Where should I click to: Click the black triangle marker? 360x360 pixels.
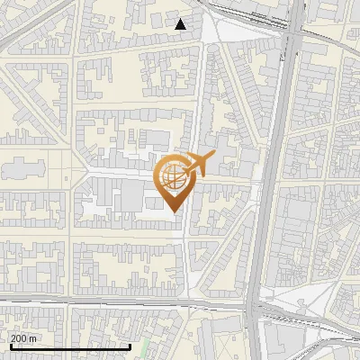click(181, 24)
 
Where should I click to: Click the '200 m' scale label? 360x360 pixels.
click(23, 337)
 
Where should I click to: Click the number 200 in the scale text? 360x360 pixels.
click(19, 337)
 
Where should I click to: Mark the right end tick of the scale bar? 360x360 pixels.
click(130, 346)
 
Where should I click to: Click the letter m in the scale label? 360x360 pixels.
click(34, 338)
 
